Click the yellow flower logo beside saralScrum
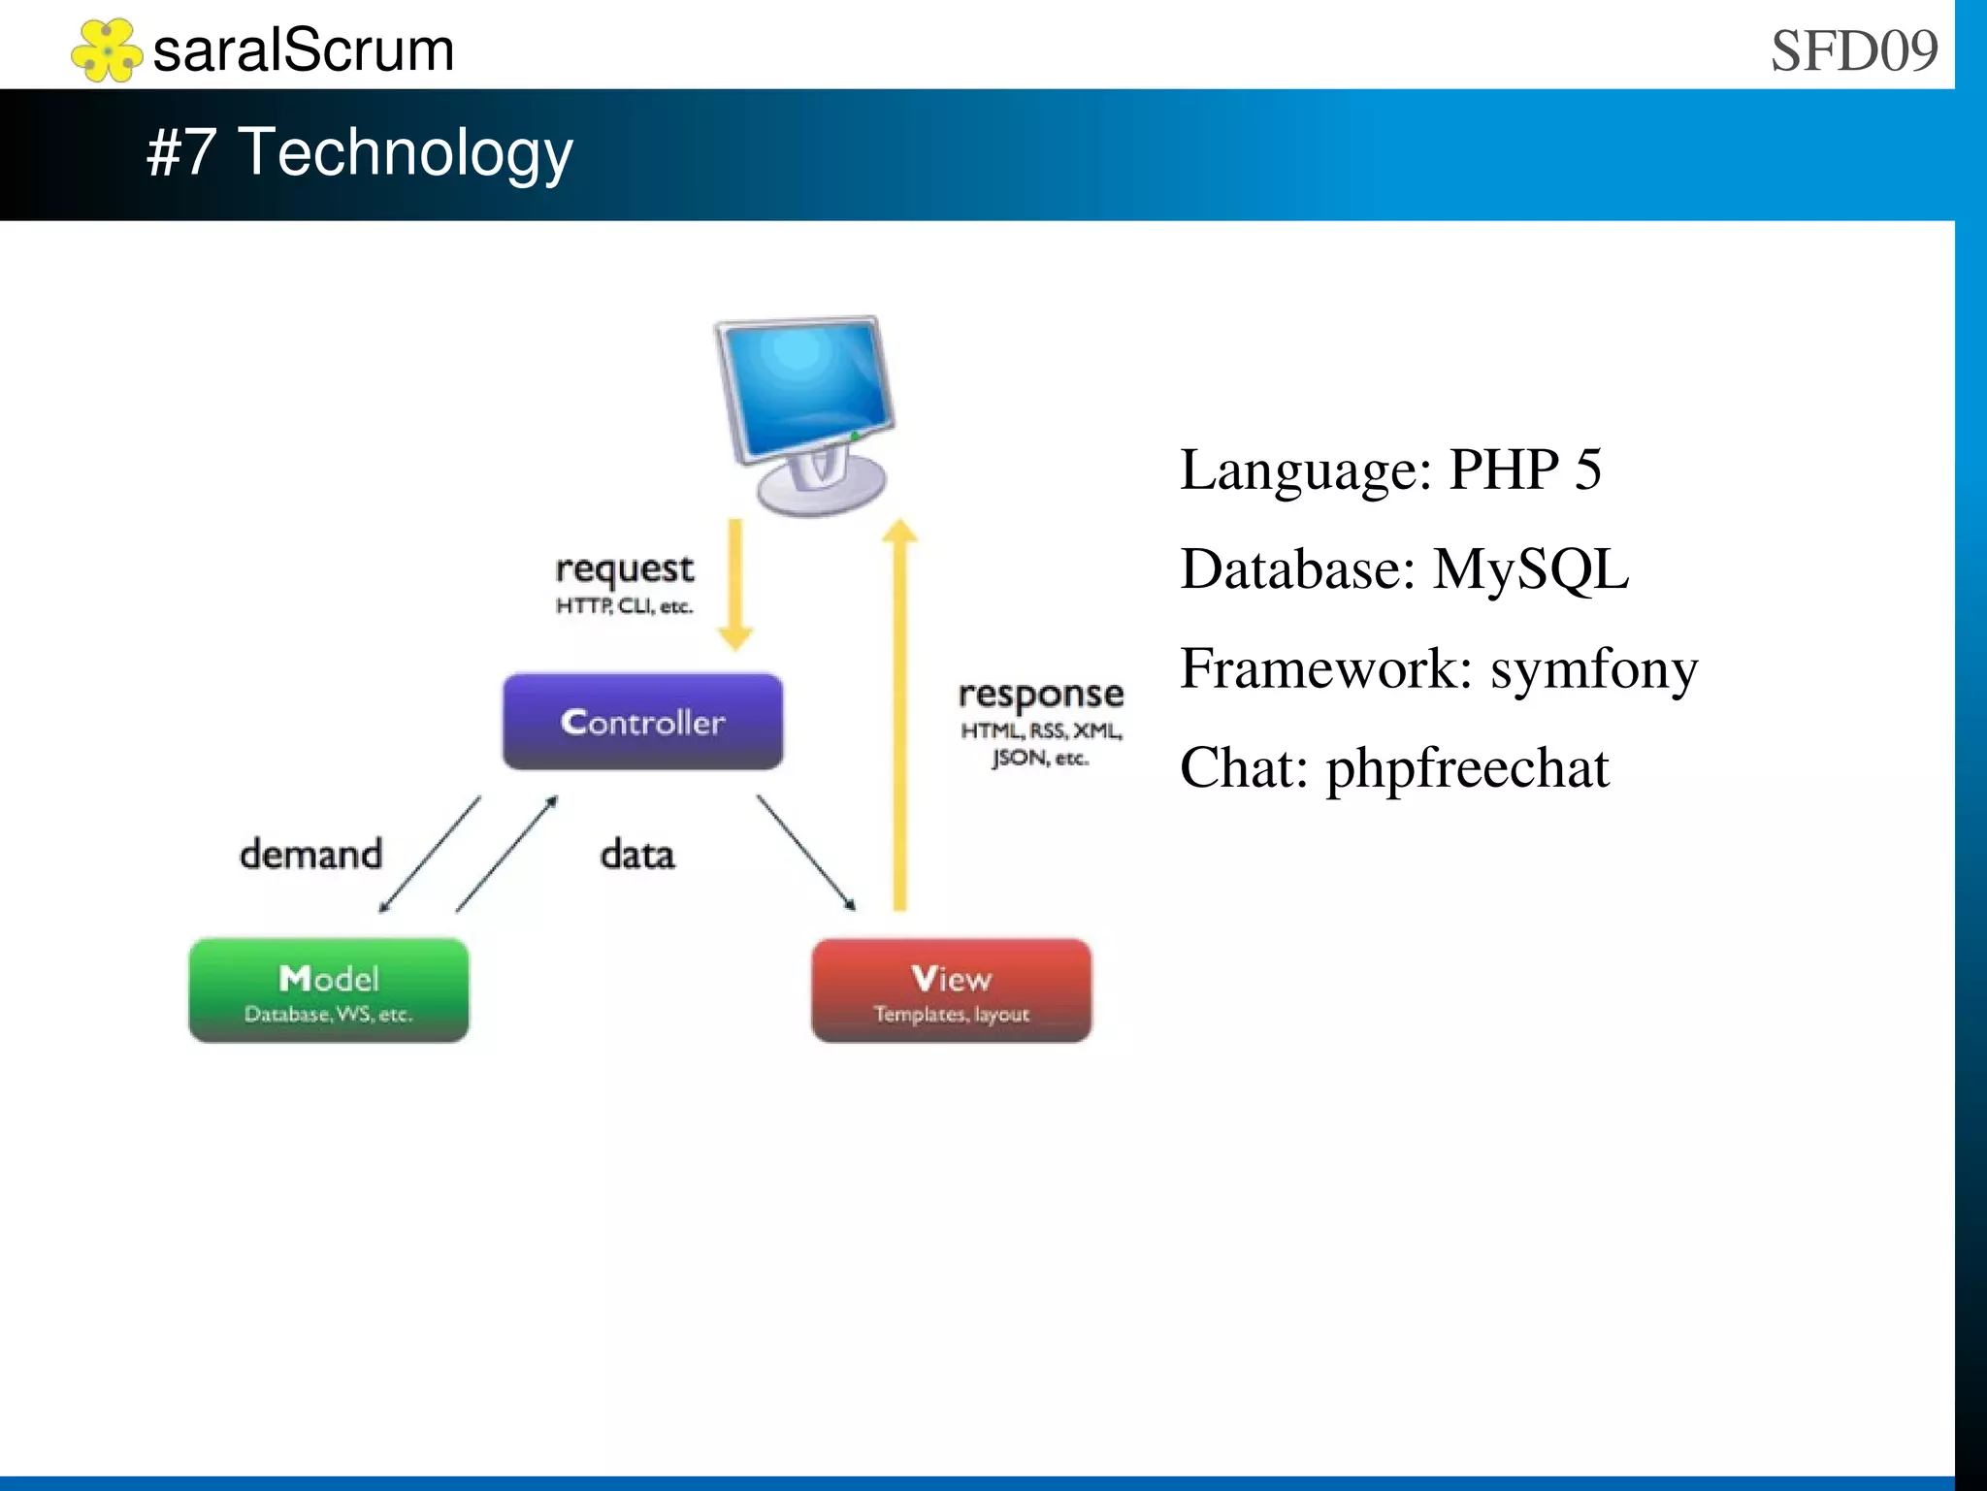107,50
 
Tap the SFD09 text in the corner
1853,50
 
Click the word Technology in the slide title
406,153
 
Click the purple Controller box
642,722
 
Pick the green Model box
328,989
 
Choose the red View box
951,989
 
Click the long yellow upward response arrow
899,718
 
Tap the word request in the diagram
624,569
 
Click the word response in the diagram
1040,695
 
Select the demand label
310,855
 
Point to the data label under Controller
636,855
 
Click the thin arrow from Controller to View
805,853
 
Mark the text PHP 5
1524,470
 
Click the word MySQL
1530,569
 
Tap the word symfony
1594,669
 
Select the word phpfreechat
1467,768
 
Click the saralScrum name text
304,50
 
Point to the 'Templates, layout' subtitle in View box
951,1015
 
